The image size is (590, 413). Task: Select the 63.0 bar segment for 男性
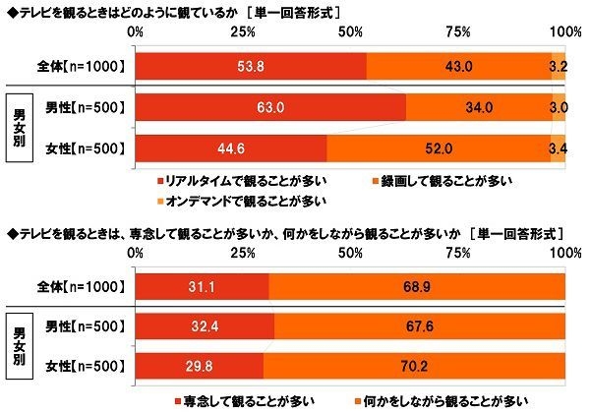(x=271, y=107)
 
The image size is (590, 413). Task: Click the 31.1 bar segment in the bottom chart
(x=203, y=284)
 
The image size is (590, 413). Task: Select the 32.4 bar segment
(x=206, y=325)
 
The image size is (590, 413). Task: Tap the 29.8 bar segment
(x=200, y=367)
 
